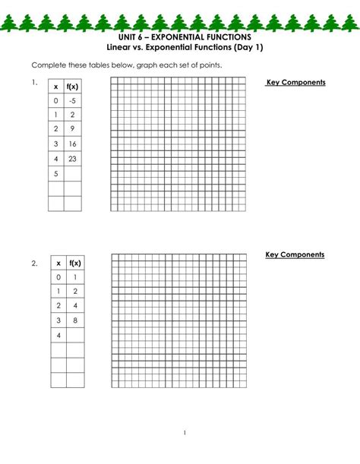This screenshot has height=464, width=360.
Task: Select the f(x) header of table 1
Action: tap(73, 86)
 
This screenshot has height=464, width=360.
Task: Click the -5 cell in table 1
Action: tap(73, 100)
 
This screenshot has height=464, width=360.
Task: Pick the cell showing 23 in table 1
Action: tap(73, 159)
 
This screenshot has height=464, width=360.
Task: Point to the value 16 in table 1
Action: tap(73, 144)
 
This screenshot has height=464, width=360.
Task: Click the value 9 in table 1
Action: tap(73, 130)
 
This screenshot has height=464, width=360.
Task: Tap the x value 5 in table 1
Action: tap(56, 174)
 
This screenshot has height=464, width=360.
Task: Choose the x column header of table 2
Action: tap(58, 263)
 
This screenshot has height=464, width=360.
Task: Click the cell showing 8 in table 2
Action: tap(74, 321)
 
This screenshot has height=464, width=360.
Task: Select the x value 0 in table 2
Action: tap(58, 277)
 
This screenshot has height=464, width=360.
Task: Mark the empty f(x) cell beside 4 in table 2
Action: tap(74, 336)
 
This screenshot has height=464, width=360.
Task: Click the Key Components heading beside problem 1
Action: tap(295, 82)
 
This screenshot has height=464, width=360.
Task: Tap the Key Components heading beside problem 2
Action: tap(295, 254)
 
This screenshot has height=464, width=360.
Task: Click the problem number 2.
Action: tap(34, 264)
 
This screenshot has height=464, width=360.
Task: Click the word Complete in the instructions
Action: tap(49, 65)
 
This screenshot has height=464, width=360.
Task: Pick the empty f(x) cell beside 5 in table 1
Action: tap(73, 174)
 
